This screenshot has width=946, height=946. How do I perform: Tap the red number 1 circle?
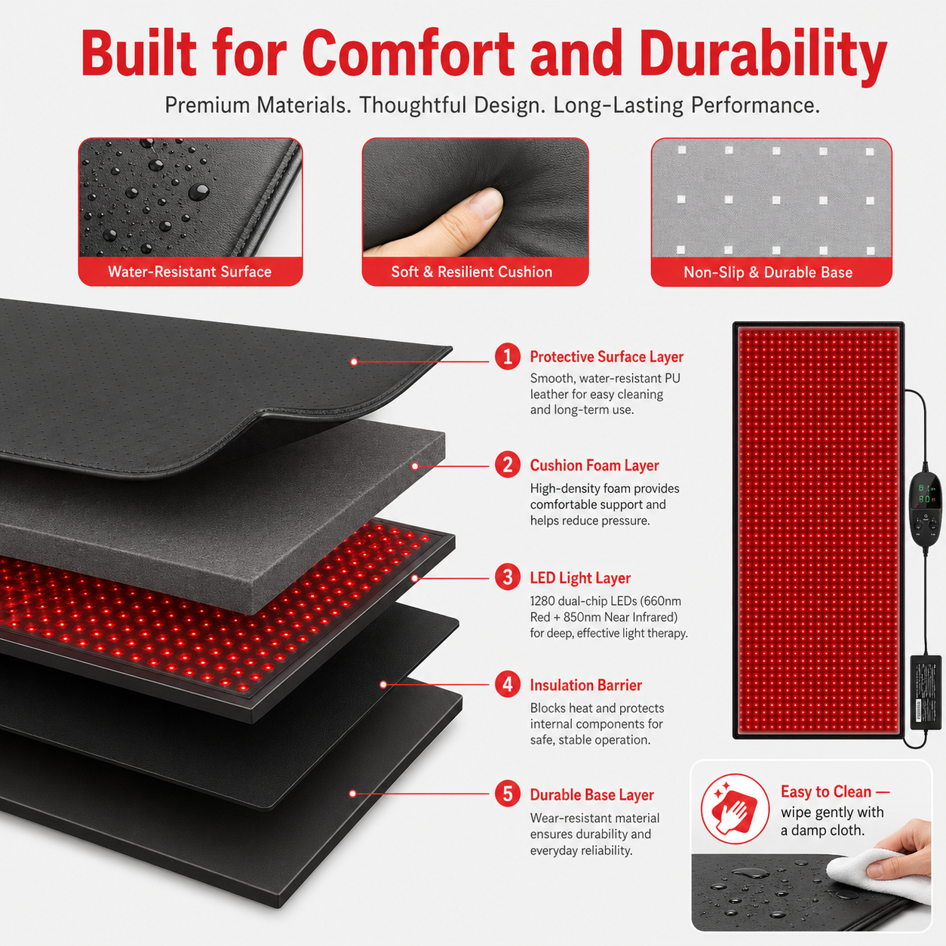coord(508,356)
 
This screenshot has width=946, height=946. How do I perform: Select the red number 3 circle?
coord(508,577)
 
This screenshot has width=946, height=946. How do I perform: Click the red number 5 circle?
coord(508,794)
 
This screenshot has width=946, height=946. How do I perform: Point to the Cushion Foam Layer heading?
coord(594,465)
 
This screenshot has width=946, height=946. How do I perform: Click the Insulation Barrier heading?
coord(585,685)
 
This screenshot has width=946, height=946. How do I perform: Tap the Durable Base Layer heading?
coord(591,794)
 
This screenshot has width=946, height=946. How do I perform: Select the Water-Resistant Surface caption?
coord(189,272)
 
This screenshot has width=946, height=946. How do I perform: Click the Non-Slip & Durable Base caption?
coord(768,272)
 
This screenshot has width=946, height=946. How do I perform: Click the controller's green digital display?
coord(925,493)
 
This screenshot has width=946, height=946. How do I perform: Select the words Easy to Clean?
coord(825,791)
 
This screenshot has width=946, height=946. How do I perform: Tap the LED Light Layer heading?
coord(579,578)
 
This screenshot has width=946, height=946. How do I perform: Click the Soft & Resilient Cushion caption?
coord(471,272)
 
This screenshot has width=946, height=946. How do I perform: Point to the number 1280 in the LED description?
coord(542,601)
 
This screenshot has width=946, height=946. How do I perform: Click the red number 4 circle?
coord(508,684)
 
